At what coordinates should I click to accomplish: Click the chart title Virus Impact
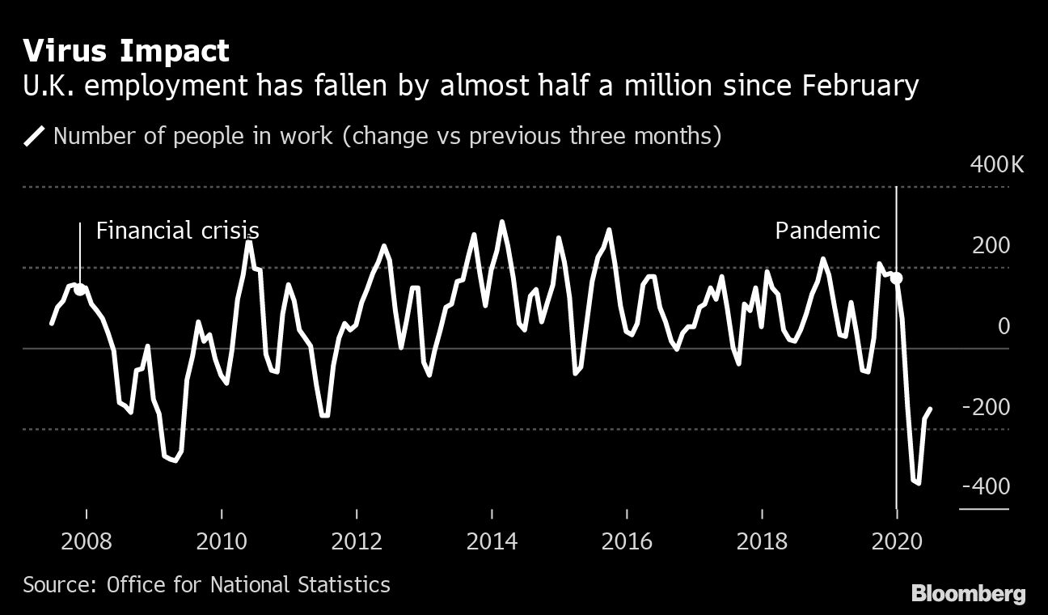pyautogui.click(x=126, y=51)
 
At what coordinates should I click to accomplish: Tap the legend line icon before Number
pyautogui.click(x=35, y=135)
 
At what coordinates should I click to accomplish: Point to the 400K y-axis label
pyautogui.click(x=996, y=166)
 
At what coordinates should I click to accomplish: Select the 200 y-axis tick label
pyautogui.click(x=991, y=246)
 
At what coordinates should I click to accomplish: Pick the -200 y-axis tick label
pyautogui.click(x=987, y=406)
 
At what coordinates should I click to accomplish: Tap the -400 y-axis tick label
pyautogui.click(x=987, y=486)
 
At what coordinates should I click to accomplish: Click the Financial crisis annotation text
pyautogui.click(x=177, y=231)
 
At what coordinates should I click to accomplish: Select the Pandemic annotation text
pyautogui.click(x=827, y=231)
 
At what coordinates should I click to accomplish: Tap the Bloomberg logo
pyautogui.click(x=968, y=594)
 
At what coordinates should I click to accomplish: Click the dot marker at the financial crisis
pyautogui.click(x=80, y=290)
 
